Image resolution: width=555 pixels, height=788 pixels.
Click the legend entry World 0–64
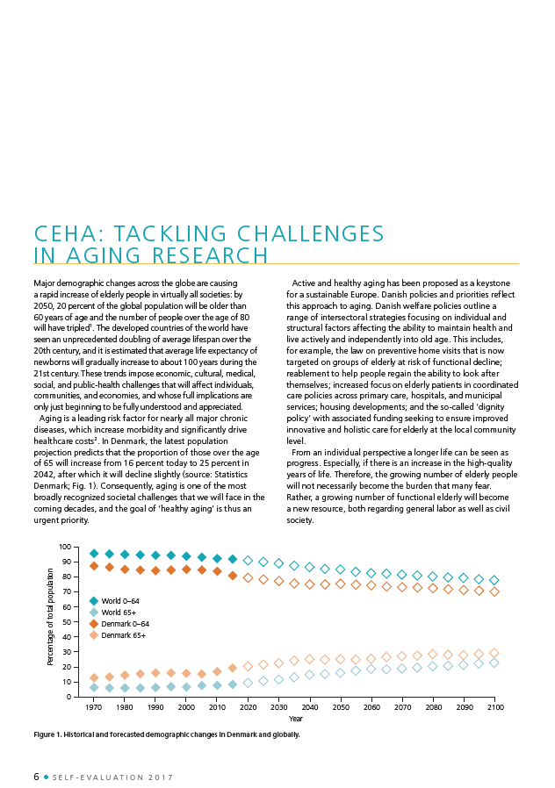[x=114, y=600]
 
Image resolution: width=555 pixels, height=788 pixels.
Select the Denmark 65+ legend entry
[x=117, y=635]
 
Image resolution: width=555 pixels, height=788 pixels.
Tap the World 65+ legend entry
[x=112, y=612]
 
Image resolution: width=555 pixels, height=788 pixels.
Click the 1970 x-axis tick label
[x=93, y=707]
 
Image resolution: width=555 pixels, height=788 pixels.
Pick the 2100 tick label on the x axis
[x=494, y=707]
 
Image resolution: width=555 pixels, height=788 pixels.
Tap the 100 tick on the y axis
[x=65, y=547]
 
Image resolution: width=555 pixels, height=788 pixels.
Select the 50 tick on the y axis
[x=68, y=621]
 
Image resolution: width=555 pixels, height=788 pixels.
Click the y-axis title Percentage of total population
[x=50, y=617]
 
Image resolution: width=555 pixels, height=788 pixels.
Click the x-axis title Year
[x=296, y=719]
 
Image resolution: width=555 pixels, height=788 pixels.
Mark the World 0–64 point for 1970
[x=94, y=554]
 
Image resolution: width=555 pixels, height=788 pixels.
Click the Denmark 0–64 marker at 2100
[x=494, y=591]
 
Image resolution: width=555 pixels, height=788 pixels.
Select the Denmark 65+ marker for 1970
[x=94, y=678]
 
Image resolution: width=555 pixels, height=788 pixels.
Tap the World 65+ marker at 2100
[x=494, y=663]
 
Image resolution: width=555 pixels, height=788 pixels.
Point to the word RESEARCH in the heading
[x=210, y=255]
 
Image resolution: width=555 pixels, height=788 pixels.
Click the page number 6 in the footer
[x=36, y=777]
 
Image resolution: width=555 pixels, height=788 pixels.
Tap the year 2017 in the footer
[x=161, y=777]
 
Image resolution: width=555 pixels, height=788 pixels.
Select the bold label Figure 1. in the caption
[x=47, y=734]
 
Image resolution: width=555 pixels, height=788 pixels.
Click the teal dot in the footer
[x=47, y=777]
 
